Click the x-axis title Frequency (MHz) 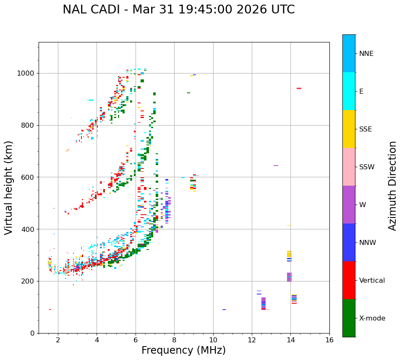tap(183, 350)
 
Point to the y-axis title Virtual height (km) tap(9, 187)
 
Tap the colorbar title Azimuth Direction tap(392, 186)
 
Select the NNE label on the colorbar tap(366, 54)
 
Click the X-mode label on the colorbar tap(372, 318)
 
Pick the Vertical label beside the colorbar tap(372, 281)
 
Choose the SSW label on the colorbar tap(367, 167)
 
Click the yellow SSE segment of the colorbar tap(349, 129)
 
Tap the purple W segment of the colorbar tap(349, 205)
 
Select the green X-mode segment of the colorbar tap(349, 318)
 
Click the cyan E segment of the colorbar tap(349, 91)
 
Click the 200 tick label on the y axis tap(30, 281)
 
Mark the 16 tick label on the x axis tap(329, 340)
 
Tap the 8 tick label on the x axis tap(174, 340)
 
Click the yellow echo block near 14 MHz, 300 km tap(289, 254)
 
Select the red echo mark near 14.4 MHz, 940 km tap(299, 88)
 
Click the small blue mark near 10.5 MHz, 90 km tap(224, 310)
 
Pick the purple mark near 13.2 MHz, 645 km tap(276, 166)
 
